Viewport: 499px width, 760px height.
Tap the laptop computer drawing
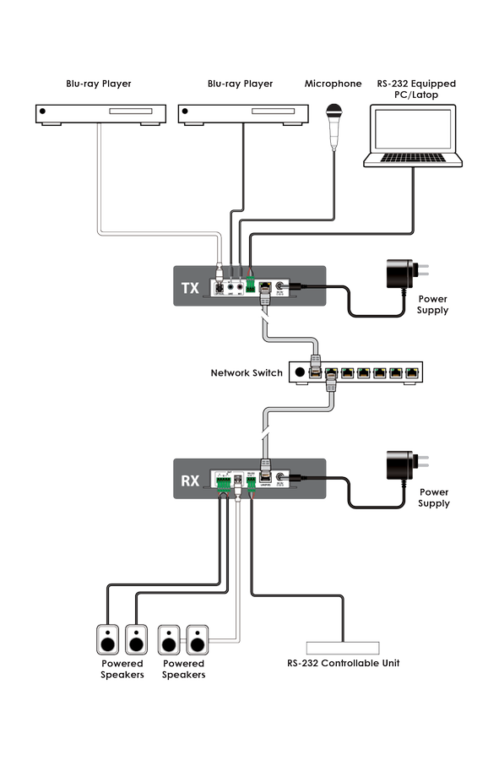pos(412,135)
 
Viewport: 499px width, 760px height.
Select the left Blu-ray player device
pos(100,113)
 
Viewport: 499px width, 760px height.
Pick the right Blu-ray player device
pos(241,113)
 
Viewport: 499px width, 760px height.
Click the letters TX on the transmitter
pos(191,289)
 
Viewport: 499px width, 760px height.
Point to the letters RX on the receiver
pos(191,481)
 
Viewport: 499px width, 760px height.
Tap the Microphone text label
pos(333,84)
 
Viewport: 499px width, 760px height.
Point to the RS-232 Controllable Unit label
pos(343,663)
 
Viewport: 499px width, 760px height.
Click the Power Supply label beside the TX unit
pos(432,305)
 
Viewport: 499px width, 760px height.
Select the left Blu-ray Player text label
pos(99,84)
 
